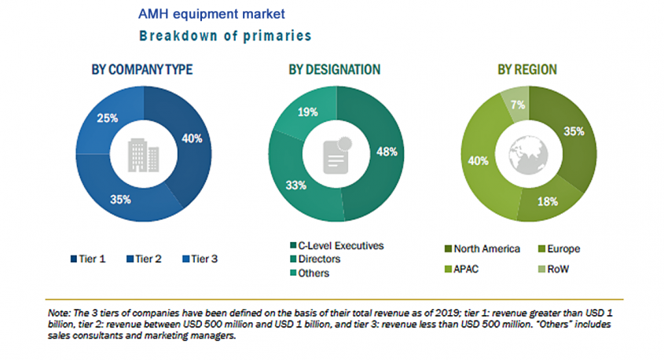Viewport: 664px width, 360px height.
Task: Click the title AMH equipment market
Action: point(212,14)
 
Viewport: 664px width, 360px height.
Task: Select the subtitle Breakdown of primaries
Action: point(225,35)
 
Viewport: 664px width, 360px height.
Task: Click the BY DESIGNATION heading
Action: point(334,70)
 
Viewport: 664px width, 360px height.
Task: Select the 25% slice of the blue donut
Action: point(108,119)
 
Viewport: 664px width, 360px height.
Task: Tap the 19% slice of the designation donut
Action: point(307,112)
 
